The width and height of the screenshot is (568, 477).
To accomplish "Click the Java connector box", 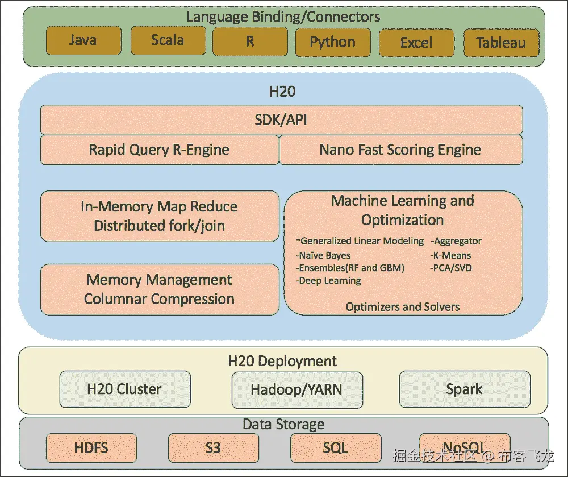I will pyautogui.click(x=83, y=41).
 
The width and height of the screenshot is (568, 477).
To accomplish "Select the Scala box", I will pyautogui.click(x=168, y=40).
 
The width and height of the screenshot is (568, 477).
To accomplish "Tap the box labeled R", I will pyautogui.click(x=250, y=42).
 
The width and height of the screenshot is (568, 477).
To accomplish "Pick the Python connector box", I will pyautogui.click(x=333, y=42).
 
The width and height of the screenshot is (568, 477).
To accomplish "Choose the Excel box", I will pyautogui.click(x=416, y=43).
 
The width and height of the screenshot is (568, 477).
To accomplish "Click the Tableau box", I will pyautogui.click(x=500, y=43).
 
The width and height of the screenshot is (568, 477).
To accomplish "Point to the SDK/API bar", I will pyautogui.click(x=281, y=120).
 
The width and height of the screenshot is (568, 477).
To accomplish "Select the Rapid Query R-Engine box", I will pyautogui.click(x=160, y=150).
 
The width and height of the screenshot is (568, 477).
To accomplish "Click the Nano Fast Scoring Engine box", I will pyautogui.click(x=400, y=150).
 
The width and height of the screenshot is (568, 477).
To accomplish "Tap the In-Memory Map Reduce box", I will pyautogui.click(x=160, y=216).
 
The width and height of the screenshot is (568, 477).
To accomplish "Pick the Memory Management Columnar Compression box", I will pyautogui.click(x=160, y=289).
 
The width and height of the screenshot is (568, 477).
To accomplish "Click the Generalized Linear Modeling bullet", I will pyautogui.click(x=360, y=241).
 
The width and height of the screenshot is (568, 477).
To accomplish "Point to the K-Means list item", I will pyautogui.click(x=451, y=255).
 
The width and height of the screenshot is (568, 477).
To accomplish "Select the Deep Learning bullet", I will pyautogui.click(x=329, y=280).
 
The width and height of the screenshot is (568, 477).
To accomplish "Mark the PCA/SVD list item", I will pyautogui.click(x=452, y=268).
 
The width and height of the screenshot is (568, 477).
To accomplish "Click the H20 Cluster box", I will pyautogui.click(x=124, y=389).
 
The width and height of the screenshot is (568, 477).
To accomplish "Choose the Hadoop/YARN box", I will pyautogui.click(x=296, y=390).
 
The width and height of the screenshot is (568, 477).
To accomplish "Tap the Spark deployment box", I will pyautogui.click(x=464, y=389).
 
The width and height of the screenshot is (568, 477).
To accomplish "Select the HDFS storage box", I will pyautogui.click(x=91, y=447).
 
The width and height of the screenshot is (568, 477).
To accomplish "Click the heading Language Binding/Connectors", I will pyautogui.click(x=283, y=16).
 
